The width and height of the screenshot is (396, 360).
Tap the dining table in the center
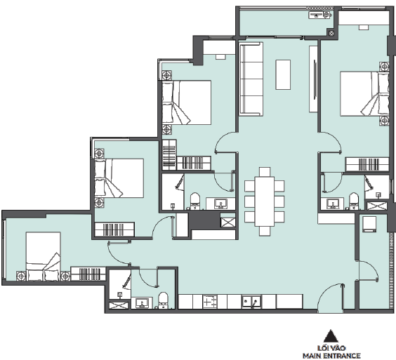tap(265, 201)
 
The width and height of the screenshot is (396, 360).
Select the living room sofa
tap(252, 79)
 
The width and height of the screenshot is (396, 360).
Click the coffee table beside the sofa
tap(283, 74)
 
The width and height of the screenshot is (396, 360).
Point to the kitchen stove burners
tap(210, 302)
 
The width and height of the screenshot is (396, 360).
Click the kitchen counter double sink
tap(251, 302)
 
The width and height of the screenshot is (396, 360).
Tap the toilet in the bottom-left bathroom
tap(163, 300)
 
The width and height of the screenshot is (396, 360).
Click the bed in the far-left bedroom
tap(43, 256)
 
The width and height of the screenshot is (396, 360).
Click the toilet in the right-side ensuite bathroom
tap(354, 201)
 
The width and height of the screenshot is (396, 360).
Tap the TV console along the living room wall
tap(313, 79)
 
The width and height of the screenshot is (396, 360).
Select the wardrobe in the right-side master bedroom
tap(367, 164)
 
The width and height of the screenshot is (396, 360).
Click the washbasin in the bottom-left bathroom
tap(143, 303)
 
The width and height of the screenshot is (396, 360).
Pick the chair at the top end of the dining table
tap(265, 171)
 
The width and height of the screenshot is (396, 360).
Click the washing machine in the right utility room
tap(369, 224)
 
